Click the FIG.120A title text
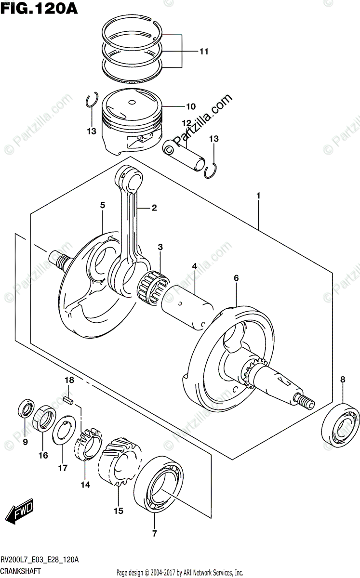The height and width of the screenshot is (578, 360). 40,8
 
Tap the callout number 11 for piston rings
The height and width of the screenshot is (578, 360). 204,51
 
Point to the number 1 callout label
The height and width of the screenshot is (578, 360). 258,196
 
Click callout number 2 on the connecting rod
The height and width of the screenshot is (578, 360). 154,208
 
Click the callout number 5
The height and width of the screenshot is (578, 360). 103,205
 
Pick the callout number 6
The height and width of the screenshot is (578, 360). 236,278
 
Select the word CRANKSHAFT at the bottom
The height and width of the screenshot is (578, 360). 22,570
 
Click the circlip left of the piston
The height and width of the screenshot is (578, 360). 92,101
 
